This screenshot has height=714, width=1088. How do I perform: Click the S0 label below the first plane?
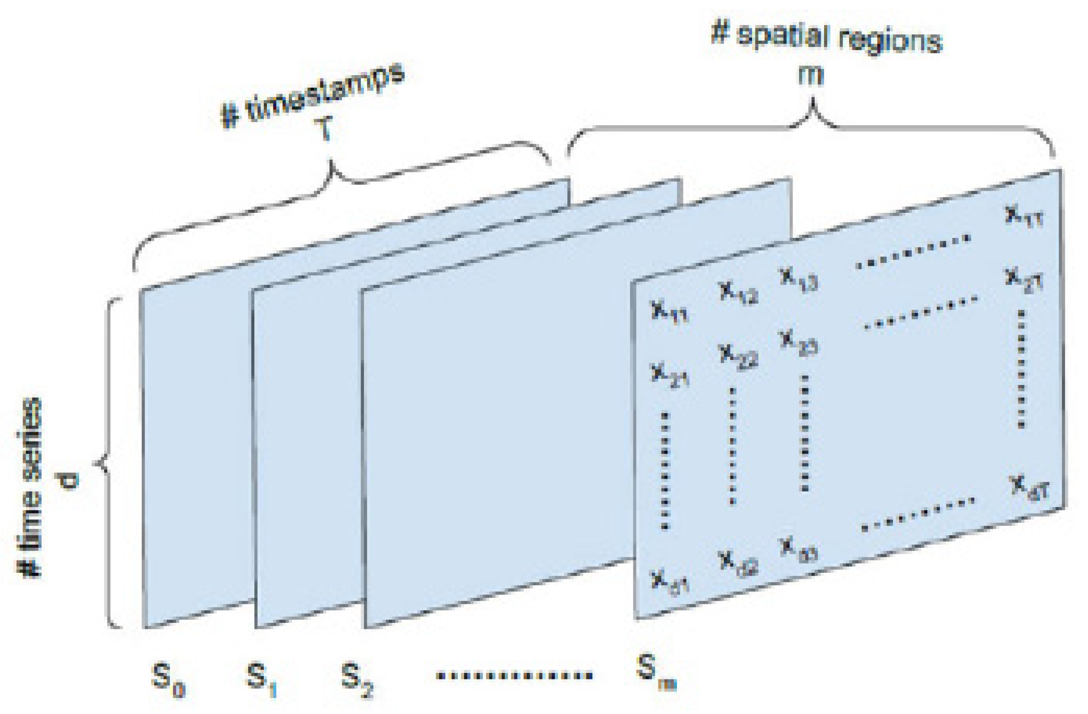(168, 680)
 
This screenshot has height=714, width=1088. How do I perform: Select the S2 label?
(357, 680)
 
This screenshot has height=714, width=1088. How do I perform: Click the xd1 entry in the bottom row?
(670, 581)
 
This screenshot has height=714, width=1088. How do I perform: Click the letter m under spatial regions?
(810, 75)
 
